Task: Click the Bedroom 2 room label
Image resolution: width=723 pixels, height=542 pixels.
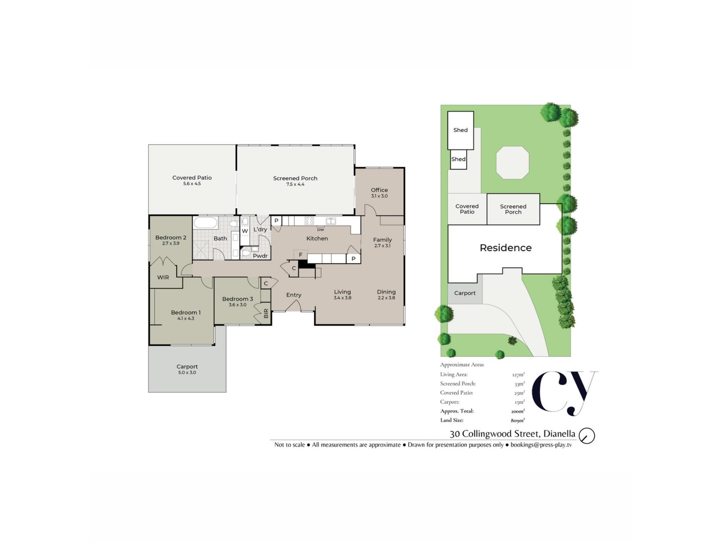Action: (171, 238)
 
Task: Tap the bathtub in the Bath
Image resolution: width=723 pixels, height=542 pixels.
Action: (206, 222)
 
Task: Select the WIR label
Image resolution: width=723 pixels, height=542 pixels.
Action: (163, 277)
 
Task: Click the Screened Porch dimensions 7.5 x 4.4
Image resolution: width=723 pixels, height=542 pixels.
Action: (295, 184)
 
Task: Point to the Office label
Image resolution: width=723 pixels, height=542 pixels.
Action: (379, 190)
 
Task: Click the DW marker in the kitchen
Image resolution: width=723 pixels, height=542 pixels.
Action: (320, 230)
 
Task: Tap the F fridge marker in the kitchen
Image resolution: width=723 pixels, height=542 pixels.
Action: (300, 255)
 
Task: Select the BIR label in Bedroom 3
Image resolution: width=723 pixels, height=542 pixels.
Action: (266, 313)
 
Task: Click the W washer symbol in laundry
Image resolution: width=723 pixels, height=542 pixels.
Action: (245, 231)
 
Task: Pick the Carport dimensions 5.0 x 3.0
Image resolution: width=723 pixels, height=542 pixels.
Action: (187, 373)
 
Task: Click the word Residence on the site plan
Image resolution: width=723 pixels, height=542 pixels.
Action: (506, 248)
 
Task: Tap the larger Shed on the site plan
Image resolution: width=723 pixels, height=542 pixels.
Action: (461, 130)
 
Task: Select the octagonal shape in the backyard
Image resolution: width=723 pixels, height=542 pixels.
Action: (513, 163)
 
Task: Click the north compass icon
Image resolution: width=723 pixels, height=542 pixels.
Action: (587, 436)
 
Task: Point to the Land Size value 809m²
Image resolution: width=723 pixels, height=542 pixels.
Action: (518, 420)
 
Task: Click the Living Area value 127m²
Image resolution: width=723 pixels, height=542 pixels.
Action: (518, 375)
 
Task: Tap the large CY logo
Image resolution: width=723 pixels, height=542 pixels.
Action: (564, 393)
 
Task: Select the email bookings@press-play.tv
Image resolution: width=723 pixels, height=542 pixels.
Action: (541, 445)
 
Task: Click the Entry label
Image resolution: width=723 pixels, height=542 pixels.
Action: (294, 295)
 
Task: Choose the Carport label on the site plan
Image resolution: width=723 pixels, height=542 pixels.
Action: (465, 293)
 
